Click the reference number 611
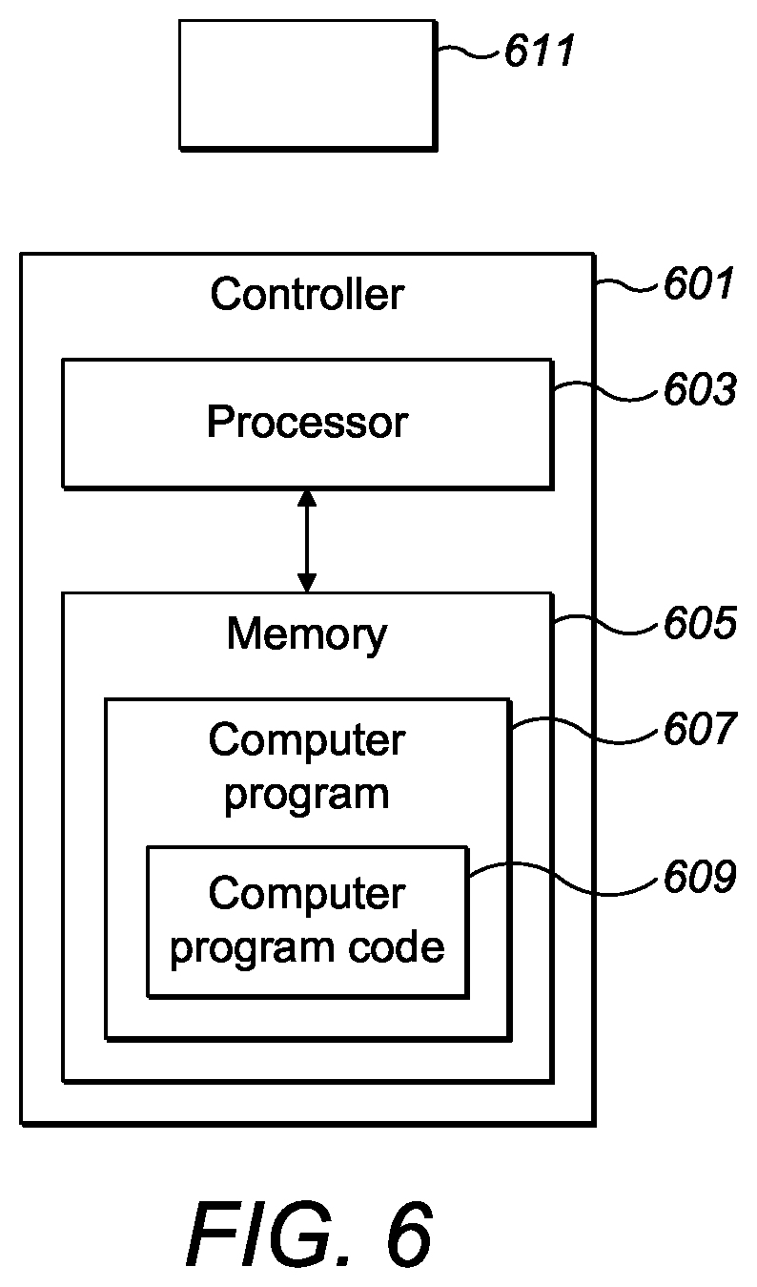[540, 50]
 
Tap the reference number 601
[699, 282]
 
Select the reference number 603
[700, 389]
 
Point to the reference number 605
[700, 622]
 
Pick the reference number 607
[700, 728]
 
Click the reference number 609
[700, 876]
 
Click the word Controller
[307, 294]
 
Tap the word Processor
[307, 422]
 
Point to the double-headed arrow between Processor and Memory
[307, 541]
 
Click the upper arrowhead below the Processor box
[307, 498]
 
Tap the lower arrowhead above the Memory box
[307, 583]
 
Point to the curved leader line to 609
[563, 879]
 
